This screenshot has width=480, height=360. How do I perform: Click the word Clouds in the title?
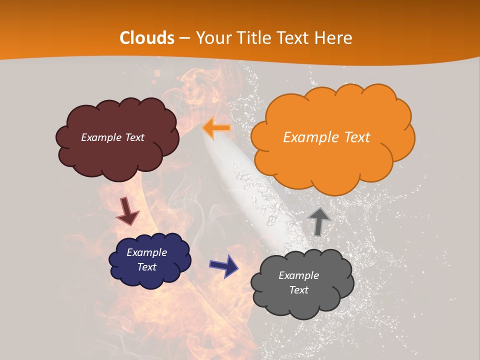click(147, 38)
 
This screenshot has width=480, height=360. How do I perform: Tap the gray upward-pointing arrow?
click(319, 221)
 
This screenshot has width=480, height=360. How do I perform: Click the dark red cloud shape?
click(117, 138)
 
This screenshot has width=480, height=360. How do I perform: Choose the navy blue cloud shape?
click(150, 260)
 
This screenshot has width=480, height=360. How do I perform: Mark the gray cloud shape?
click(302, 283)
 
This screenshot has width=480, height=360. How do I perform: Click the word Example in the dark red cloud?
click(101, 137)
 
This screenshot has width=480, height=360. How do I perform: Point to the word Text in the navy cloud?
click(147, 267)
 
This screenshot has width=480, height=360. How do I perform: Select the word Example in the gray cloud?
click(298, 275)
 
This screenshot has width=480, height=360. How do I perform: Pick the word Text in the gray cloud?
click(298, 290)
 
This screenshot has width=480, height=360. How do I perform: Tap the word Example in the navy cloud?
click(147, 252)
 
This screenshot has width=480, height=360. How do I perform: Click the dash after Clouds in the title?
click(183, 38)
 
